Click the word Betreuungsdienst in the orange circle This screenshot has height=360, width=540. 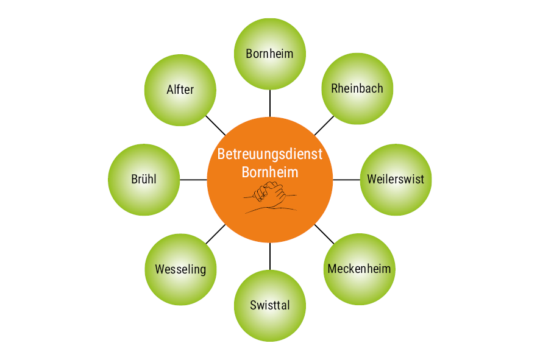tap(269, 154)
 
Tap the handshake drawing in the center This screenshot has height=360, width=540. tap(271, 196)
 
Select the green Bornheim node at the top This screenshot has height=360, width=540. tap(270, 54)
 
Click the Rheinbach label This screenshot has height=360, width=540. tap(357, 88)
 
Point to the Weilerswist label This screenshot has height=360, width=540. tap(396, 180)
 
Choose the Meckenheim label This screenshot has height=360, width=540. tap(359, 269)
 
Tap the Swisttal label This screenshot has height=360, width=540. tap(270, 305)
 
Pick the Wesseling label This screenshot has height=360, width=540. tap(180, 269)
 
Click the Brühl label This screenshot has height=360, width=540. tap(144, 180)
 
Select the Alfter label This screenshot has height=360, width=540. tap(180, 90)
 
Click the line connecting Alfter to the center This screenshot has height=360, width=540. tap(215, 125)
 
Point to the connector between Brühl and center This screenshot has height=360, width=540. tap(194, 180)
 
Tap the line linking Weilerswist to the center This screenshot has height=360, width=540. tap(346, 180)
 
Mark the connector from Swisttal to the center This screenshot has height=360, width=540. tap(270, 256)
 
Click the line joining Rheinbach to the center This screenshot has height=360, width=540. tap(324, 125)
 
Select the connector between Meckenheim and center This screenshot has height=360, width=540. tap(324, 234)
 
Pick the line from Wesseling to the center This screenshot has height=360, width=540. tap(215, 235)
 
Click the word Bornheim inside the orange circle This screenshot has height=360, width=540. tap(270, 172)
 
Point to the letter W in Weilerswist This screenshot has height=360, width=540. tap(372, 180)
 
